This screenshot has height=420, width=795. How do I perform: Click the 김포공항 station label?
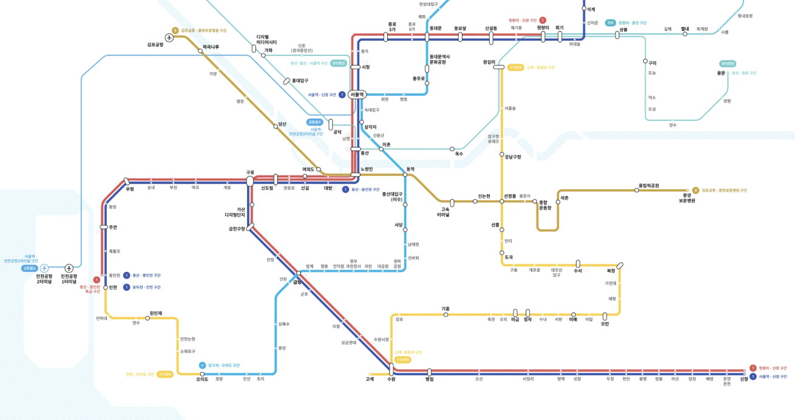[155, 44]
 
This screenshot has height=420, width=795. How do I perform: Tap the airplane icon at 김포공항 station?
[169, 38]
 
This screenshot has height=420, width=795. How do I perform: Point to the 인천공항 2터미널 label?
[44, 279]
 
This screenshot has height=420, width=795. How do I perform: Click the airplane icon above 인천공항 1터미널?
[69, 268]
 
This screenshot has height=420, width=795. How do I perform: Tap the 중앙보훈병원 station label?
[686, 197]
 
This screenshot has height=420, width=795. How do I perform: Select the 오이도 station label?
[202, 379]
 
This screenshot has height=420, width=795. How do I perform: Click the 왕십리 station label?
[489, 62]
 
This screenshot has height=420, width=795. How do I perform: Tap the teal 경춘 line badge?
[610, 23]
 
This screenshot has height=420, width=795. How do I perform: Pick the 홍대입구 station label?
[300, 81]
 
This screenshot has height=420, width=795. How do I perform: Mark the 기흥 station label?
[445, 309]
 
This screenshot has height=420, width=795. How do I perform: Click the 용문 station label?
[721, 73]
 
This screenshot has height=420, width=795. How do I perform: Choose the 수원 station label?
[391, 379]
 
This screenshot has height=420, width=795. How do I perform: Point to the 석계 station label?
[591, 10]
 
